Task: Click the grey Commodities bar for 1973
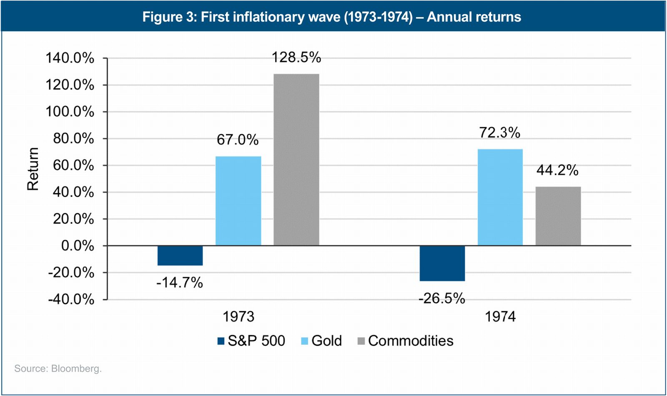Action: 296,160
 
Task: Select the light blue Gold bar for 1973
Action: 238,201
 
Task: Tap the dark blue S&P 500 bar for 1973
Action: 180,256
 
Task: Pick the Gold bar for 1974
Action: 500,197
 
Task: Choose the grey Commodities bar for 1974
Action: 558,216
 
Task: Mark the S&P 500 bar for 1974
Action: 442,263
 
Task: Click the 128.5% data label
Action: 296,58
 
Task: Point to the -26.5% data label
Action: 441,298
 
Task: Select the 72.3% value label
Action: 499,133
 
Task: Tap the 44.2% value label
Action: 557,170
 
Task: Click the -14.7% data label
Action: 179,283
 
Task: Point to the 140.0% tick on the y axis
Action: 70,58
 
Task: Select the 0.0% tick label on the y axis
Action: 78,246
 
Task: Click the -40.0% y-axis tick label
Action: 71,299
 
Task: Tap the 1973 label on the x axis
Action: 238,317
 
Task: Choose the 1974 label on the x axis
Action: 500,317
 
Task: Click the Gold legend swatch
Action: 304,341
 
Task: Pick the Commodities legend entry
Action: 410,341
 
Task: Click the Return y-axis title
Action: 33,169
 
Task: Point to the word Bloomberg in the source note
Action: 76,368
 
